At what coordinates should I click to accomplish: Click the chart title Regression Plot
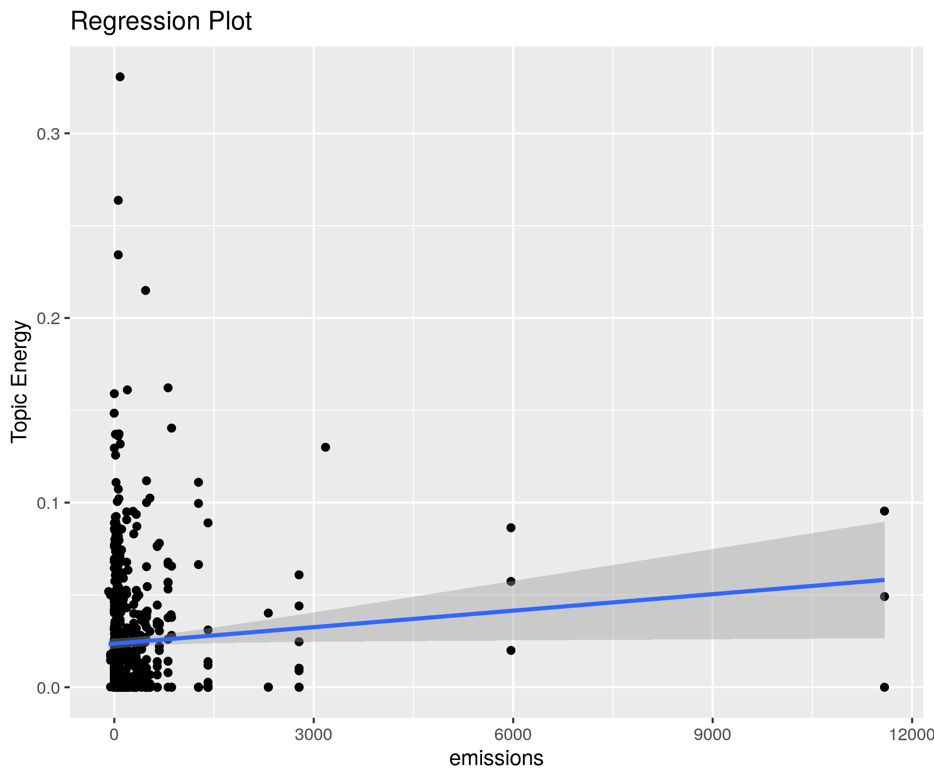pyautogui.click(x=161, y=22)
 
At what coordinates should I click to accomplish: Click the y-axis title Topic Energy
pyautogui.click(x=20, y=381)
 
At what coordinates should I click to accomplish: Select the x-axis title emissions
pyautogui.click(x=496, y=758)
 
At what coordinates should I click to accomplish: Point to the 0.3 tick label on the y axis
pyautogui.click(x=48, y=134)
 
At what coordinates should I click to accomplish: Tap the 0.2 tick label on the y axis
pyautogui.click(x=48, y=318)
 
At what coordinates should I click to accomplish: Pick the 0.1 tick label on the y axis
pyautogui.click(x=48, y=503)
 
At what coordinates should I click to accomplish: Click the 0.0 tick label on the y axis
pyautogui.click(x=48, y=687)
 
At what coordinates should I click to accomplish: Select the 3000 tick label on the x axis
pyautogui.click(x=314, y=735)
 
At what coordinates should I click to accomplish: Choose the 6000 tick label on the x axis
pyautogui.click(x=513, y=735)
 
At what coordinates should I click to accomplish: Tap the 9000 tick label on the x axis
pyautogui.click(x=712, y=735)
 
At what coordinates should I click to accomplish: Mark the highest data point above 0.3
pyautogui.click(x=120, y=77)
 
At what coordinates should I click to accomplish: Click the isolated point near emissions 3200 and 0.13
pyautogui.click(x=325, y=447)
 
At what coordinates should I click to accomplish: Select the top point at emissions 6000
pyautogui.click(x=511, y=528)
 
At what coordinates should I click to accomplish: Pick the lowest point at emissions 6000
pyautogui.click(x=511, y=650)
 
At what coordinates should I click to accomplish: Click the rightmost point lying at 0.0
pyautogui.click(x=885, y=687)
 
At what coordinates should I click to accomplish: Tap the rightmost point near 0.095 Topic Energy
pyautogui.click(x=885, y=511)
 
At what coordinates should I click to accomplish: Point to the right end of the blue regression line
pyautogui.click(x=884, y=580)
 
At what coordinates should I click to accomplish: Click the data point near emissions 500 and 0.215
pyautogui.click(x=145, y=290)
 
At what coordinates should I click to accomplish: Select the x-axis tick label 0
pyautogui.click(x=114, y=735)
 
